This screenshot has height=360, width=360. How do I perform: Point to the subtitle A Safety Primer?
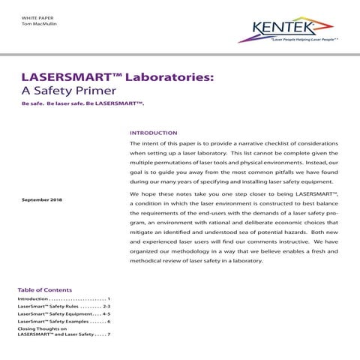click(x=67, y=92)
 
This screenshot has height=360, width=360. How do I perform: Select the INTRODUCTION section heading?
click(x=153, y=133)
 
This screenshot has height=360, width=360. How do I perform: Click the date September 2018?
click(x=41, y=200)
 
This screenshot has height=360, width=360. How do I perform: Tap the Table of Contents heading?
click(x=45, y=289)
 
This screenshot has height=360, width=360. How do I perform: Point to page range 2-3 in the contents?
click(x=106, y=307)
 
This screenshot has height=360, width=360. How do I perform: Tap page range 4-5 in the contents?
click(x=106, y=315)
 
